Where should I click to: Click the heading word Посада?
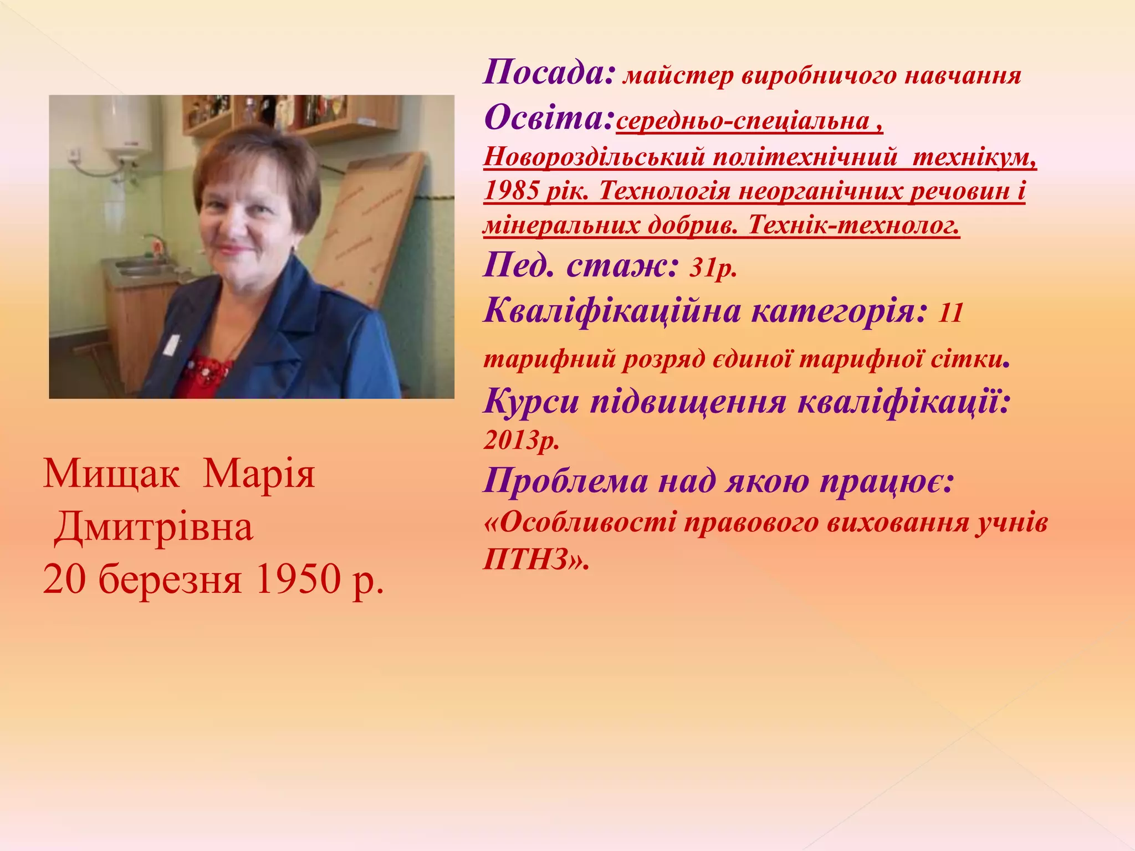pyautogui.click(x=549, y=73)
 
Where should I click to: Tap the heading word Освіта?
pyautogui.click(x=549, y=117)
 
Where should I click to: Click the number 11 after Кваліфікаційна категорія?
pyautogui.click(x=951, y=313)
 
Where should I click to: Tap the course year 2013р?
pyautogui.click(x=521, y=440)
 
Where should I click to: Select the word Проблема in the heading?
pyautogui.click(x=566, y=481)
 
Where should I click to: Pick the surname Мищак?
pyautogui.click(x=111, y=474)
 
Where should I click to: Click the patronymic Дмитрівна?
pyautogui.click(x=154, y=527)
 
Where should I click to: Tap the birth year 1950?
pyautogui.click(x=297, y=580)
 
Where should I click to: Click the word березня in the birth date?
pyautogui.click(x=170, y=580)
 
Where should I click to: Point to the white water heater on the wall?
pyautogui.click(x=127, y=127)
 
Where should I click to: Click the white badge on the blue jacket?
pyautogui.click(x=172, y=344)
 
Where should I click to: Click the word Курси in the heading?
pyautogui.click(x=531, y=402)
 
